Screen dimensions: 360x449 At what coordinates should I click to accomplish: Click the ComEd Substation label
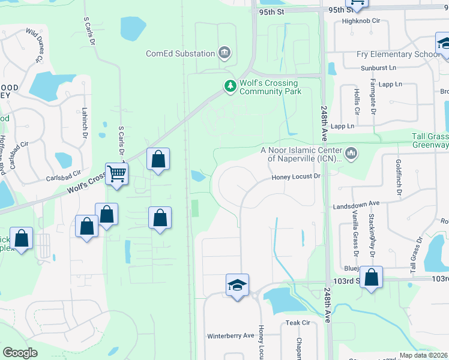[x=180, y=53]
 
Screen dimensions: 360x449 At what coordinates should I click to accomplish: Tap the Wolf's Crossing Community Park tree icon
[x=229, y=86]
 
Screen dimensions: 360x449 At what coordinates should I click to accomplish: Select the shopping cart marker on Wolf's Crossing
[x=117, y=174]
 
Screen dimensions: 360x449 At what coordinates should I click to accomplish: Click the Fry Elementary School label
[x=398, y=54]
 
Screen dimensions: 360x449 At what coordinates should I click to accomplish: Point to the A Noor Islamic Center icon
[x=351, y=154]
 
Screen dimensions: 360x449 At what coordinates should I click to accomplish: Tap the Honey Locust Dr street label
[x=297, y=176]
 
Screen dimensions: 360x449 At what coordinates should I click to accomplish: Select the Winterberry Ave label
[x=231, y=335]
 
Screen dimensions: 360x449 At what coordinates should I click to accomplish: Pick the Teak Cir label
[x=297, y=323]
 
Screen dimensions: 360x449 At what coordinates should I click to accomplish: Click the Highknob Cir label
[x=361, y=20]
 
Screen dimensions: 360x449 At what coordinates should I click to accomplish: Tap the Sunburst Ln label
[x=379, y=68]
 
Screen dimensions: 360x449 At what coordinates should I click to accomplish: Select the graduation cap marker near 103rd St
[x=237, y=284]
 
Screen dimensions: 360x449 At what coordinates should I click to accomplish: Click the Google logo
[x=20, y=353]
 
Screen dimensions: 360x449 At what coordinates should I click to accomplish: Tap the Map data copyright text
[x=423, y=355]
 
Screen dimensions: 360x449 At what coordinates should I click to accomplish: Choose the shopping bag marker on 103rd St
[x=372, y=277]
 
